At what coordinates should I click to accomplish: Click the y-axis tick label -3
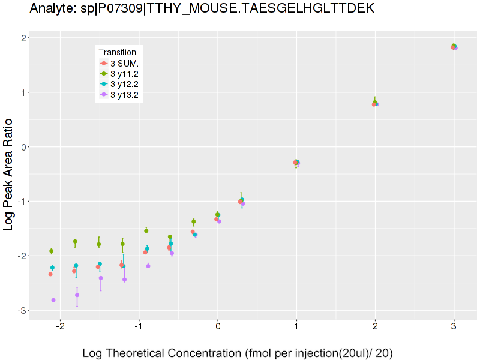click(19, 310)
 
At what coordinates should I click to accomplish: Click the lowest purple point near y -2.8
click(54, 300)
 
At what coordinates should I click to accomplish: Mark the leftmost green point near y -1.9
click(52, 251)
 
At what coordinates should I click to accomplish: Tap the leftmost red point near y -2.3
click(50, 274)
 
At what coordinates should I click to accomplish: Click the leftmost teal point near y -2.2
click(52, 268)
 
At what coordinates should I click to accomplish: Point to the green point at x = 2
click(375, 103)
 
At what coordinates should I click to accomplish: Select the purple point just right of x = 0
click(220, 221)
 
